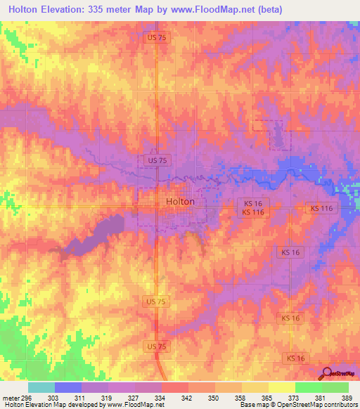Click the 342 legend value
[187, 398]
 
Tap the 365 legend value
[266, 398]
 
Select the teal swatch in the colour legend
[41, 387]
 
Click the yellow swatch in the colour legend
[281, 387]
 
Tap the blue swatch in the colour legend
[68, 387]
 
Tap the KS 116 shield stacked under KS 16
[253, 212]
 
